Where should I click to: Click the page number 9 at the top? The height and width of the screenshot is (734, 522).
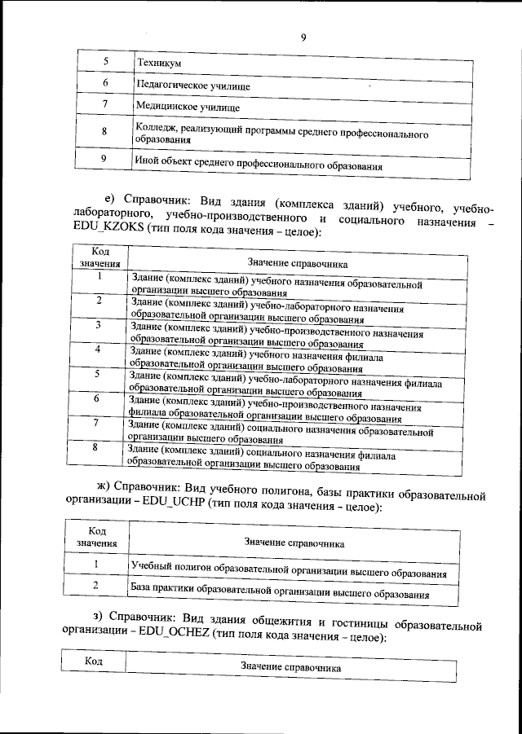(x=303, y=36)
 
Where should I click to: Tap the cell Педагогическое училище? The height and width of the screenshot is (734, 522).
(x=192, y=85)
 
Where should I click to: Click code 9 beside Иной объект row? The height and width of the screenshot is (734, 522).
(x=104, y=159)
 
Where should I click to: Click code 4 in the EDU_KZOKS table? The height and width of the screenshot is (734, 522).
(x=97, y=349)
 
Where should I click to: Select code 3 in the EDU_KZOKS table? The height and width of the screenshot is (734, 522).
(x=98, y=326)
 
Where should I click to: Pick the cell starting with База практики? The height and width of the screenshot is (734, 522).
(x=280, y=594)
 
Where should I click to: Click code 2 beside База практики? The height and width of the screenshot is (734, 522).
(x=96, y=586)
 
